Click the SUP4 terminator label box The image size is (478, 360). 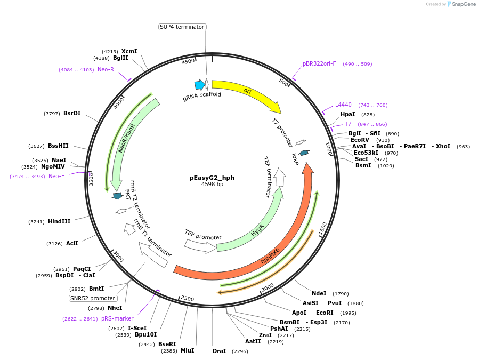coord(182,27)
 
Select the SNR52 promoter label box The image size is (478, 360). coord(93,298)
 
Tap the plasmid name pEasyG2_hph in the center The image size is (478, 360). coord(212,178)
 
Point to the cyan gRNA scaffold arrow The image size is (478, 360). coord(200,84)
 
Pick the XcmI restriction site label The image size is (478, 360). coord(129,51)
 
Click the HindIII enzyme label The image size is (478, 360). coord(59,221)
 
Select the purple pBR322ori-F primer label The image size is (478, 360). coord(319,64)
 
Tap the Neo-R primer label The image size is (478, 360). coord(106,69)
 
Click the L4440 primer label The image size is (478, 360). coord(343,105)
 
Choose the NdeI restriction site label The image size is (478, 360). coord(319,293)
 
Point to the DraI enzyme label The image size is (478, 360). coord(219,351)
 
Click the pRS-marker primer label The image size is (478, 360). coord(117,318)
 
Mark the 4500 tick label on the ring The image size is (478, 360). coord(189,62)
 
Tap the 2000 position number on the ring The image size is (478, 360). coord(267,287)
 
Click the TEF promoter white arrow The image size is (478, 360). coord(200,245)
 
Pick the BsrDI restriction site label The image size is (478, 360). coord(72,113)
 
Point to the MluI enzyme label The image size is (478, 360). coord(187,350)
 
